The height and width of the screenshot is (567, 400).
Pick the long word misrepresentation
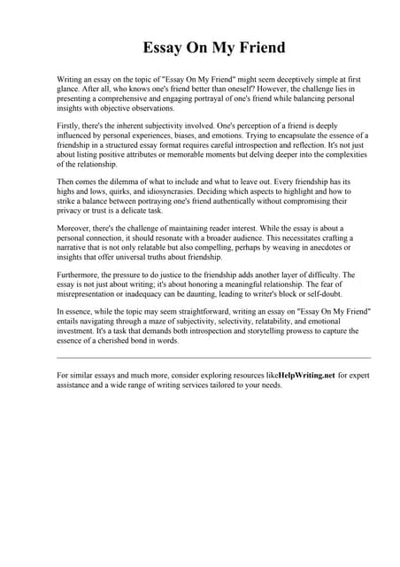(x=93, y=296)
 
